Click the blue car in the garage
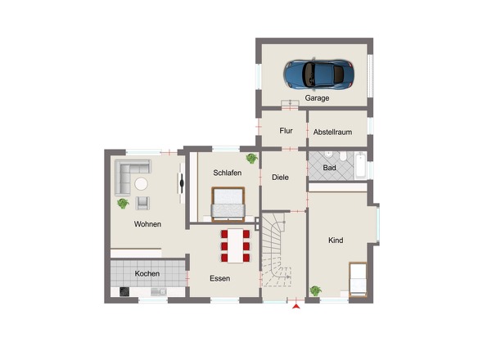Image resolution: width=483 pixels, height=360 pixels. [x=318, y=74]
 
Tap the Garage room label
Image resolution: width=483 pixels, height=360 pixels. [x=317, y=98]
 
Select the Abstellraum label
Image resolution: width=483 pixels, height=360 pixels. [x=332, y=132]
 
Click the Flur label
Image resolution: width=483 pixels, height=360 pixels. [x=286, y=131]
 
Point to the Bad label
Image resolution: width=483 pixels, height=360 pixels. [x=329, y=168]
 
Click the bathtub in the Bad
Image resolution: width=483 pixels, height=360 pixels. [x=360, y=165]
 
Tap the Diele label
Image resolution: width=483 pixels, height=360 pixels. [x=280, y=178]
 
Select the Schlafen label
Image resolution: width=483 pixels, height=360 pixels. [x=228, y=173]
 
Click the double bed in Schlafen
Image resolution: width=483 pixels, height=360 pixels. [x=228, y=204]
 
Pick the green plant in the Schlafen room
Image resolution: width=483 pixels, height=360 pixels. [x=251, y=158]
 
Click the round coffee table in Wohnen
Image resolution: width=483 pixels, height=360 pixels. [x=141, y=184]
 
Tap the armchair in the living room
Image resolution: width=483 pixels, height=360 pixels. [x=142, y=203]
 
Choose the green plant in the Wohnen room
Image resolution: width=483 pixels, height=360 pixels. [x=123, y=203]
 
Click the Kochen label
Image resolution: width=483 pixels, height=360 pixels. [x=147, y=273]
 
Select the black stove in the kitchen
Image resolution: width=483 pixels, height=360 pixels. [x=124, y=291]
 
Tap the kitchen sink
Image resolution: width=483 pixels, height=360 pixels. [x=159, y=291]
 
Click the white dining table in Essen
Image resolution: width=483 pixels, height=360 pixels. [x=235, y=245]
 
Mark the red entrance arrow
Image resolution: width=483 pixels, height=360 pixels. [x=296, y=307]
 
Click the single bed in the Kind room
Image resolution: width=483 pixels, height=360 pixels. [x=358, y=279]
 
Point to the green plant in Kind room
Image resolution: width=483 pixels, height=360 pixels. [x=316, y=290]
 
